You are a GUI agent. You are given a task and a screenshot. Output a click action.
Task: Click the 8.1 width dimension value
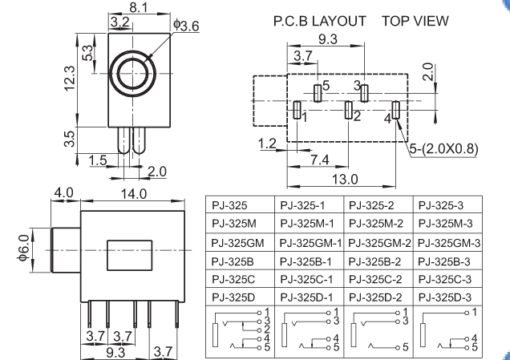[139, 7]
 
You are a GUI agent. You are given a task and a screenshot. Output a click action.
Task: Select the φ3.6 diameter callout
[186, 26]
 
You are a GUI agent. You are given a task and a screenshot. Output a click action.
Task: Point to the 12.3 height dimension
[70, 79]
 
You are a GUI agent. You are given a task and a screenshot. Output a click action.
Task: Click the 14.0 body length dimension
[134, 194]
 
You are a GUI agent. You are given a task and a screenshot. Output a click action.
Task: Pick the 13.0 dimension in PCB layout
[345, 179]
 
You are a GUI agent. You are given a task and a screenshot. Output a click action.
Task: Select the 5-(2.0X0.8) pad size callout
[444, 148]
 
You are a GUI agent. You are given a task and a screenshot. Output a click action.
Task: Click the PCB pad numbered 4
[396, 110]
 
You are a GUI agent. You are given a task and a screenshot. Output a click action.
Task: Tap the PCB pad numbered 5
[318, 93]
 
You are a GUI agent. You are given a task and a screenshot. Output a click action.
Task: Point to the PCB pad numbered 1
[297, 110]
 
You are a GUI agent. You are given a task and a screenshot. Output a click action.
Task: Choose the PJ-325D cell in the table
[233, 297]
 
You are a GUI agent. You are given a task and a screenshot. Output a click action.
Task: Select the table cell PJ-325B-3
[444, 261]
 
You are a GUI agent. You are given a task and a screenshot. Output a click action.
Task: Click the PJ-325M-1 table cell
[307, 224]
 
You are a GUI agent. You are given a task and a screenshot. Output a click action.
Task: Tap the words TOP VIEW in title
[415, 21]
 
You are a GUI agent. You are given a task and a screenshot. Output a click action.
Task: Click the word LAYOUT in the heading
[339, 21]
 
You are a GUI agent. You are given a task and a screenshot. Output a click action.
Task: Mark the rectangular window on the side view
[129, 255]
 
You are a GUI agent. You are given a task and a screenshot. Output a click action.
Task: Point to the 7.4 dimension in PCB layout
[320, 160]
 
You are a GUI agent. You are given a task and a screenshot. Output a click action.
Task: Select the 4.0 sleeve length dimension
[63, 192]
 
